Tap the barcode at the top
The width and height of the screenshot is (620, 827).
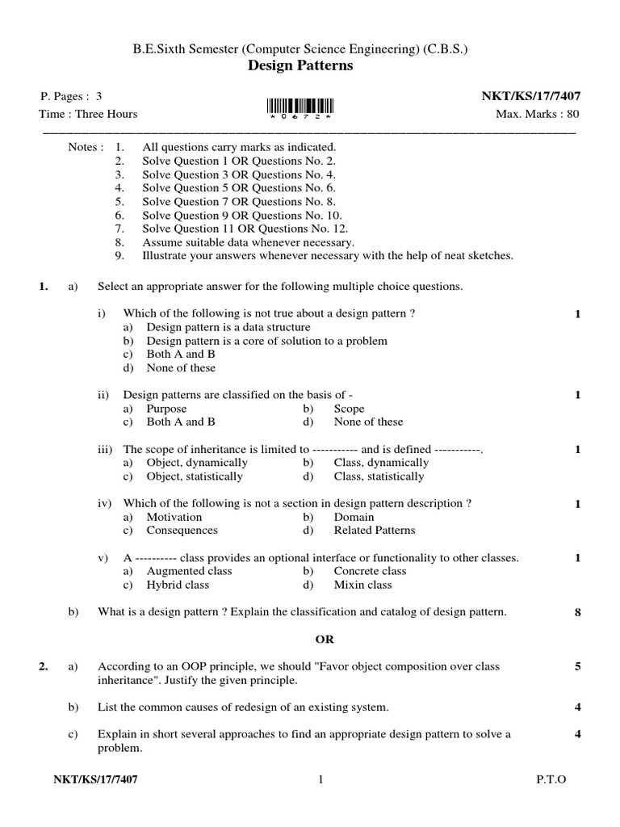pos(299,107)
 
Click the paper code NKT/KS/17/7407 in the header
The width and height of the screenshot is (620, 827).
pos(530,96)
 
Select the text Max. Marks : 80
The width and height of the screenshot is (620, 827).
pos(537,114)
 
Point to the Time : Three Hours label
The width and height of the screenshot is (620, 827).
pos(89,114)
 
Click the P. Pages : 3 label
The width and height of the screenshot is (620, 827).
pos(72,96)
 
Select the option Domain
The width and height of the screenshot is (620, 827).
pos(354,517)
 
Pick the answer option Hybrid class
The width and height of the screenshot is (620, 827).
pos(177,585)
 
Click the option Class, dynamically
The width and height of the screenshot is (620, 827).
pos(381,463)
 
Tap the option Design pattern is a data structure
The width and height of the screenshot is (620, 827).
pos(228,327)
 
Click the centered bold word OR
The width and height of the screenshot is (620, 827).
pos(324,639)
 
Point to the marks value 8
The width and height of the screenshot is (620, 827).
pos(578,612)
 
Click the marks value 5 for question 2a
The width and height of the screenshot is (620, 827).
pos(578,667)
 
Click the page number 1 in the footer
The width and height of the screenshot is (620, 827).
pos(320,779)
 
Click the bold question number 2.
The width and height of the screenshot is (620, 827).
pos(44,667)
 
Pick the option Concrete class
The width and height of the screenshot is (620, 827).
pos(371,571)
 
